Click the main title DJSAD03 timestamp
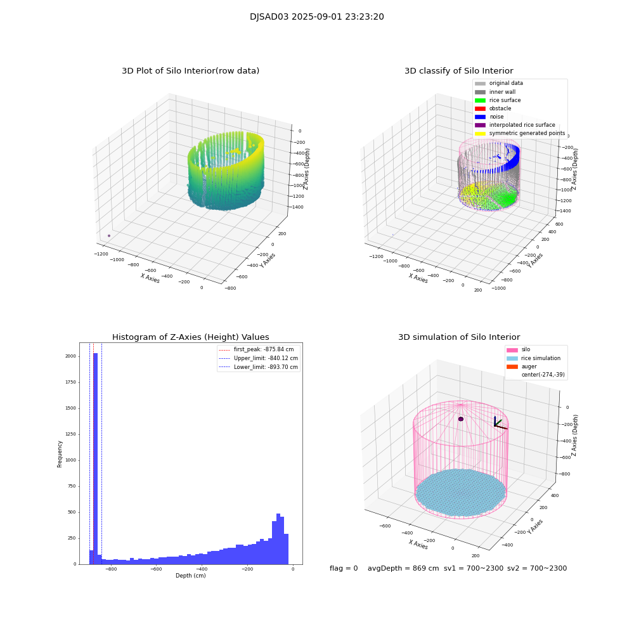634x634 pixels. point(316,17)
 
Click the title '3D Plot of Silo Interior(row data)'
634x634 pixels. point(190,71)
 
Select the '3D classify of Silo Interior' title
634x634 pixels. point(458,71)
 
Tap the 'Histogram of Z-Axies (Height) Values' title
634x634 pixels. point(190,337)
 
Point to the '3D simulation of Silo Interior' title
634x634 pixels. point(458,337)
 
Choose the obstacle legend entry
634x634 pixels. point(500,108)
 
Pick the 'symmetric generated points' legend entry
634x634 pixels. point(526,133)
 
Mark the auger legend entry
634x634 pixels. point(529,366)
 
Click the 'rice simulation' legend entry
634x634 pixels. point(540,358)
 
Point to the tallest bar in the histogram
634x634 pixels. point(95,456)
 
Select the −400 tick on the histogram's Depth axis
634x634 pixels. point(201,569)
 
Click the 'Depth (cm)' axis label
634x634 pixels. point(190,576)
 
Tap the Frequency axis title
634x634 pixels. point(60,454)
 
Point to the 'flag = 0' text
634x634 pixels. point(344,569)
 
